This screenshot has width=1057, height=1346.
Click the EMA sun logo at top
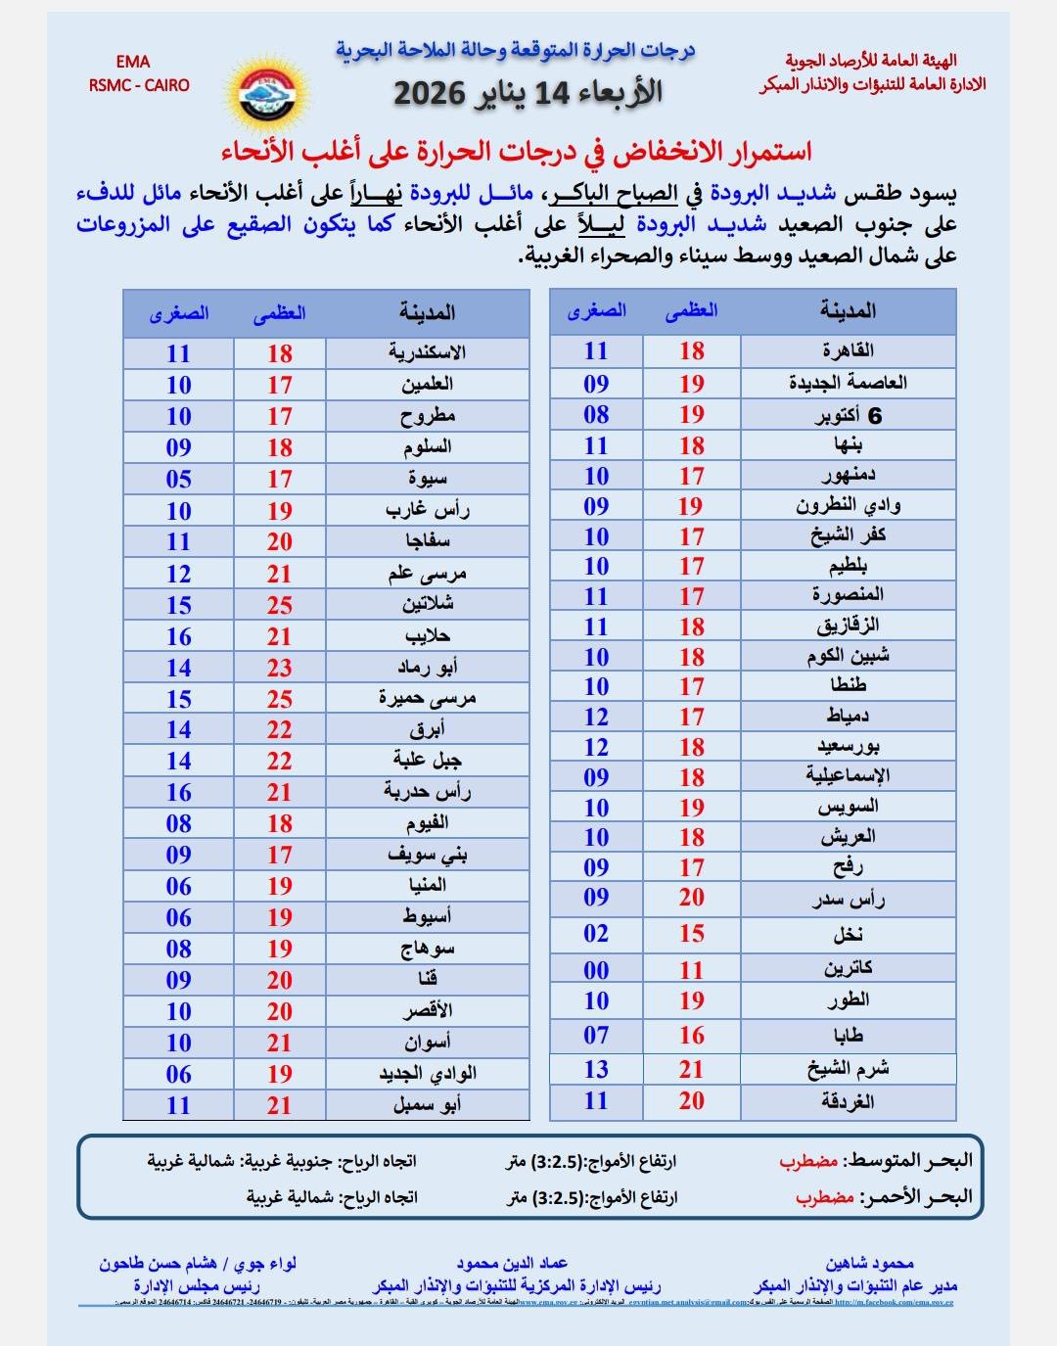[267, 92]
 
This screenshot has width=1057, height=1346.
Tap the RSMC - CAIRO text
[139, 85]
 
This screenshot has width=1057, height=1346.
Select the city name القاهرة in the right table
[849, 350]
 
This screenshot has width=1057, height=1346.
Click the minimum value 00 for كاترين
[596, 970]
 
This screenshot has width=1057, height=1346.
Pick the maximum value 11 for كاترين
[692, 970]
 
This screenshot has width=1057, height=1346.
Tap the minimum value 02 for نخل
[596, 934]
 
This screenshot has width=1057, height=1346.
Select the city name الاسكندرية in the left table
[427, 352]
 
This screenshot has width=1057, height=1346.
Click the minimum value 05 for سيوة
[178, 479]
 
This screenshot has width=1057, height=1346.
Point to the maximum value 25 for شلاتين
[280, 605]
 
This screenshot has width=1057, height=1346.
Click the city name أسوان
[428, 1043]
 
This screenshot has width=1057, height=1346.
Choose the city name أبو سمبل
[428, 1105]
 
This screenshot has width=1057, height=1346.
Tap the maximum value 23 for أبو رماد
[280, 668]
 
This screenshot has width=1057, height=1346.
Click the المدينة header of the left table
[428, 313]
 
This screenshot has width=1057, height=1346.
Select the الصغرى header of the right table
[596, 311]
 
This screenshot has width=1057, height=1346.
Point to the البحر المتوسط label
[908, 1160]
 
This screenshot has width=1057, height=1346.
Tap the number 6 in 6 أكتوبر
[875, 416]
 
